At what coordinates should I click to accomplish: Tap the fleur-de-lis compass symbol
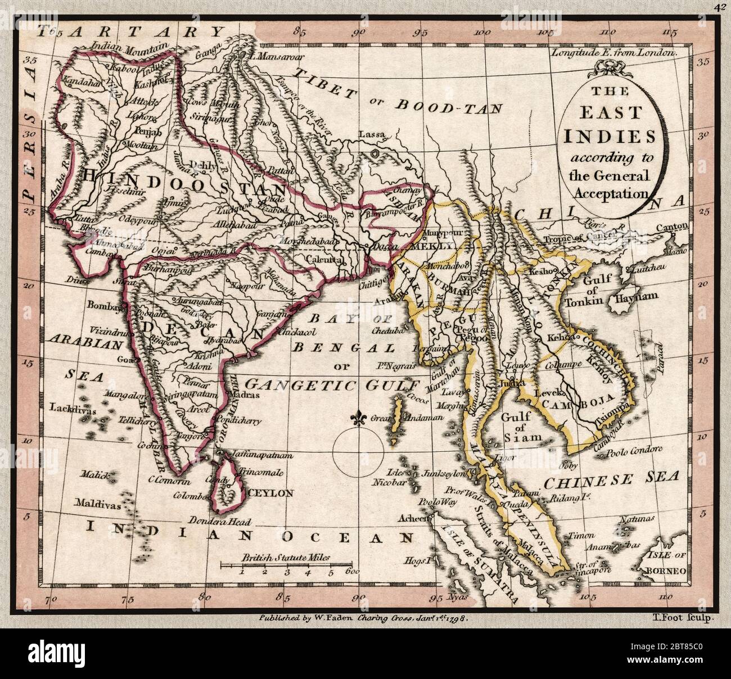[x=357, y=419]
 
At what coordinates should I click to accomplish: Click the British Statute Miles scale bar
[x=286, y=563]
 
